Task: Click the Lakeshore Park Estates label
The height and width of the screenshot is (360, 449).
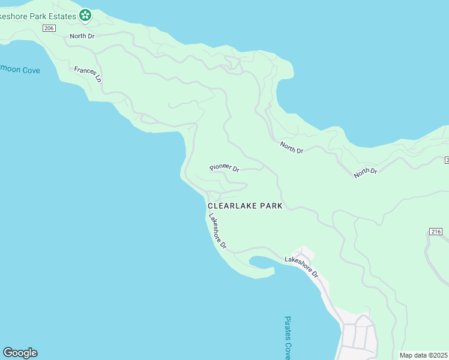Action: [x=38, y=16]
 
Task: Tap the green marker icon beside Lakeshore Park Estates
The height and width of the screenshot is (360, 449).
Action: [x=85, y=15]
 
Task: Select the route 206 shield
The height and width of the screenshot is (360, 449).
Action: [x=49, y=28]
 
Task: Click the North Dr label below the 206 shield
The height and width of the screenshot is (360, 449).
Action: [x=82, y=36]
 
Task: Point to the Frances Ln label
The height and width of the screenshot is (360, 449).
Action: [x=88, y=74]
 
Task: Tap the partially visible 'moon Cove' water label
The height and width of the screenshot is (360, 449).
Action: [x=20, y=70]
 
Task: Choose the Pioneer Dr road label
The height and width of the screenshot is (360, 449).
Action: [x=224, y=169]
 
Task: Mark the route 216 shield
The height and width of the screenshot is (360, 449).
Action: [x=436, y=232]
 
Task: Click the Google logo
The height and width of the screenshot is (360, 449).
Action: [x=20, y=353]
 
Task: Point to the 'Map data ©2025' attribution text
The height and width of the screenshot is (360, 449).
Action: [x=424, y=355]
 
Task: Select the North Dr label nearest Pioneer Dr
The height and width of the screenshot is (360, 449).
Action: [x=292, y=147]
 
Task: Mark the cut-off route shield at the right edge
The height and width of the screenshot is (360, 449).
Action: [x=447, y=160]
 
